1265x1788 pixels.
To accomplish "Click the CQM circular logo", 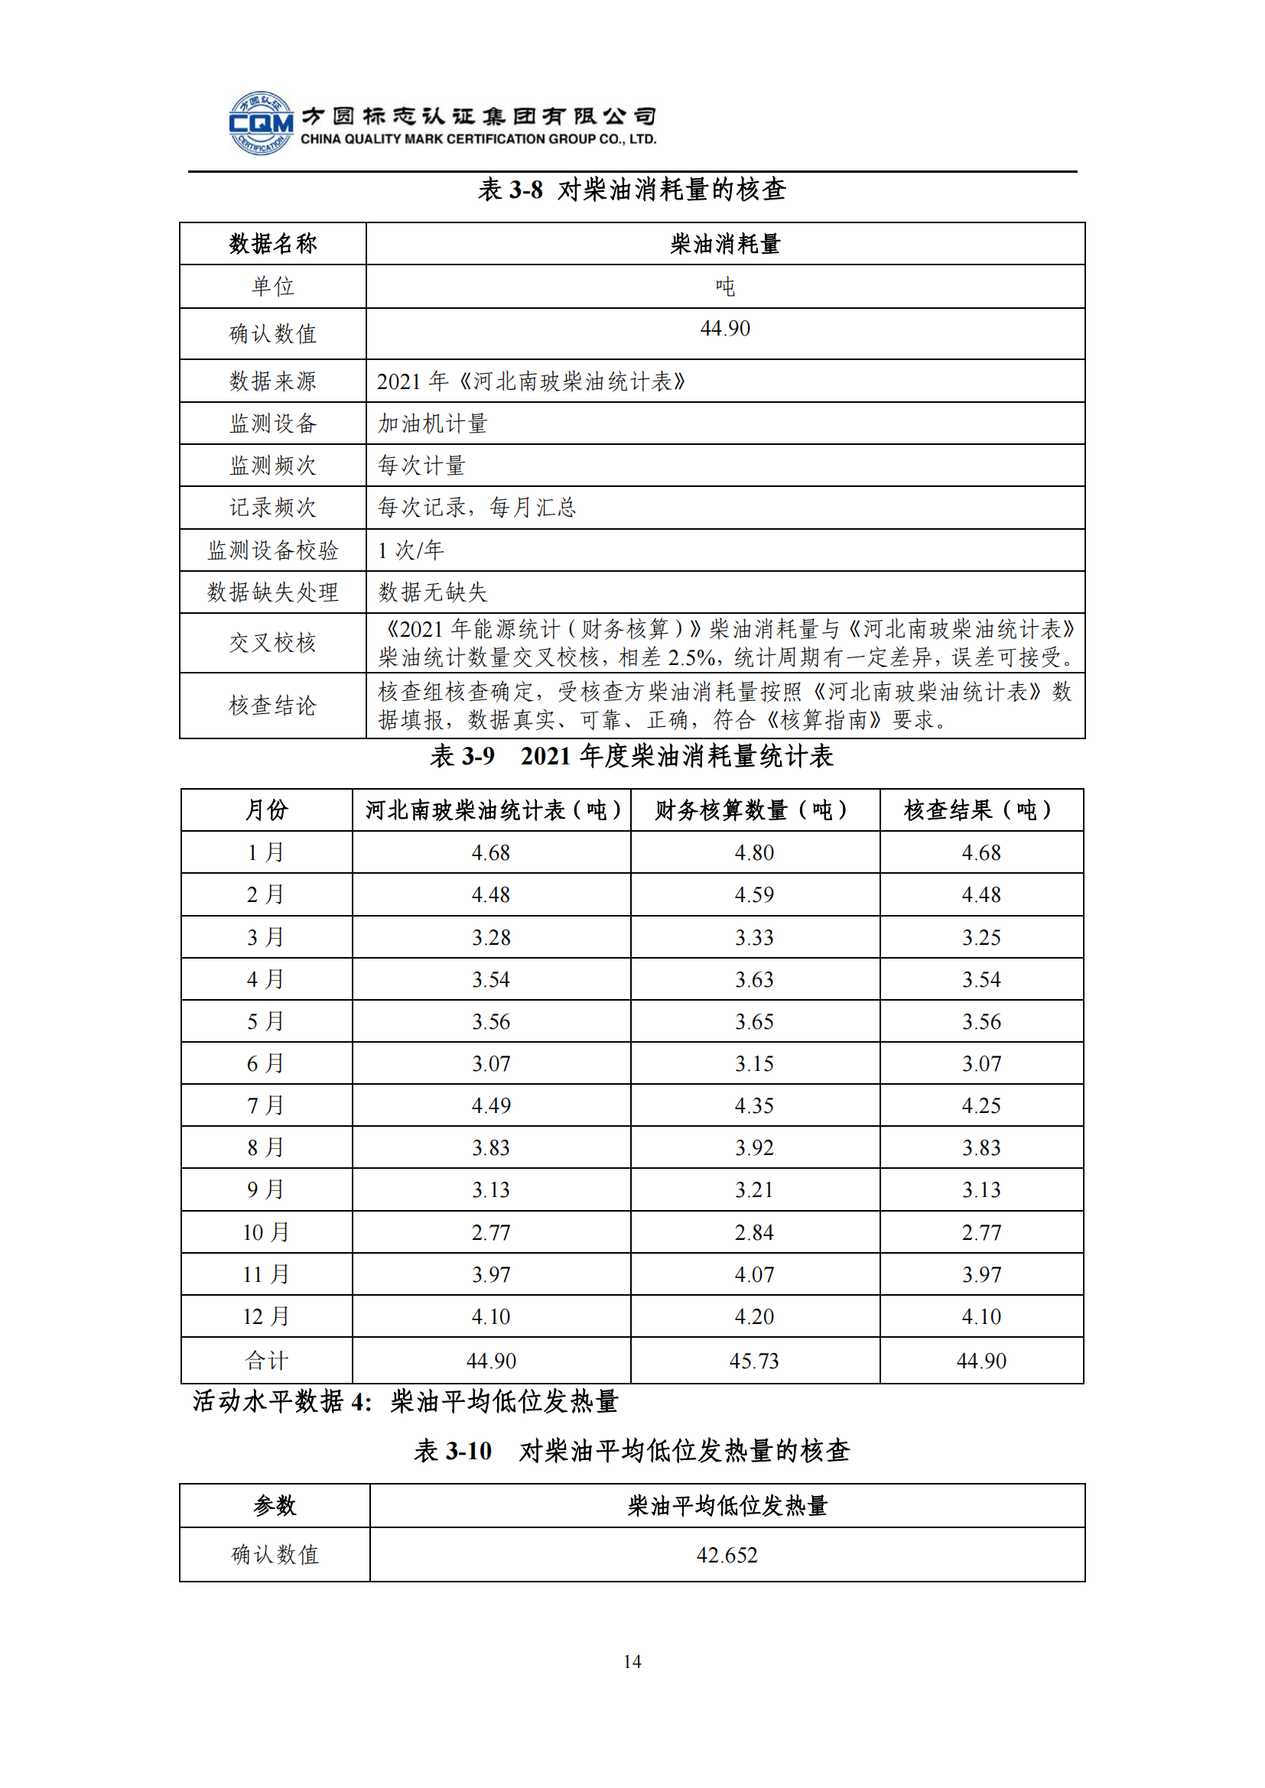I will pyautogui.click(x=261, y=123).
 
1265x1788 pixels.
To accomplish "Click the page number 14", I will pyautogui.click(x=632, y=1661).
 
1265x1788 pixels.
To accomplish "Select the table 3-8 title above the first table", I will pyautogui.click(x=632, y=190).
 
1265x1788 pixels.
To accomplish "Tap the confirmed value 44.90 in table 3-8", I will pyautogui.click(x=724, y=329).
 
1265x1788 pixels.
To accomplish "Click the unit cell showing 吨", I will pyautogui.click(x=724, y=287).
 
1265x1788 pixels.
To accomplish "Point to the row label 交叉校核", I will pyautogui.click(x=272, y=643).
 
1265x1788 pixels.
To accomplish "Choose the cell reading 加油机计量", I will pyautogui.click(x=433, y=423).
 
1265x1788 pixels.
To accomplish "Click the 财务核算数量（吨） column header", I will pyautogui.click(x=754, y=810).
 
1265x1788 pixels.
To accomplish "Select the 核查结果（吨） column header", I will pyautogui.click(x=980, y=810).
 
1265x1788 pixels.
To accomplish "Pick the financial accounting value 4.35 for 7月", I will pyautogui.click(x=754, y=1106).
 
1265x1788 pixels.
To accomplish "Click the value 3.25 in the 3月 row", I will pyautogui.click(x=980, y=938).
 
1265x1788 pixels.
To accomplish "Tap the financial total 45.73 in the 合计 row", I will pyautogui.click(x=754, y=1361).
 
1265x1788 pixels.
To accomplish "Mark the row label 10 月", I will pyautogui.click(x=265, y=1233).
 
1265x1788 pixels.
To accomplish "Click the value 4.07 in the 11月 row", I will pyautogui.click(x=754, y=1275).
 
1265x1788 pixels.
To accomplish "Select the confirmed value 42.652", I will pyautogui.click(x=726, y=1555).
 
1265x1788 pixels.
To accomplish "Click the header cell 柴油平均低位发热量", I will pyautogui.click(x=726, y=1506).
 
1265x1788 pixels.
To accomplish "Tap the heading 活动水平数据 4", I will pyautogui.click(x=282, y=1402).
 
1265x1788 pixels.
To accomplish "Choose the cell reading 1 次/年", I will pyautogui.click(x=411, y=550).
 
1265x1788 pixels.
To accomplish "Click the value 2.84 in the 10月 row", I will pyautogui.click(x=754, y=1233).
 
